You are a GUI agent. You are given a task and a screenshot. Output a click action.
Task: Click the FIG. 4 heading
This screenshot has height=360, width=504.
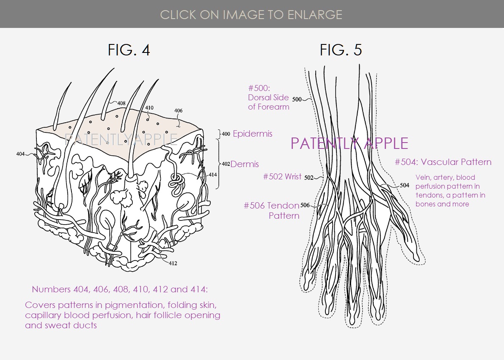click(x=129, y=50)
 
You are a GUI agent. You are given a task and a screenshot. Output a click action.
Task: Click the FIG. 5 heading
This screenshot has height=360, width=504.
click(x=341, y=50)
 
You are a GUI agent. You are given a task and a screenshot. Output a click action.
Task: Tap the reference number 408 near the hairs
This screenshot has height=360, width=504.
click(x=121, y=103)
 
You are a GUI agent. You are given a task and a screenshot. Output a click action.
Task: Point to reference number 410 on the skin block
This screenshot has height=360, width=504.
click(x=149, y=108)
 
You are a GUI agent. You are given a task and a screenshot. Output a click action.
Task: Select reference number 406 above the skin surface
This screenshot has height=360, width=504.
click(x=179, y=110)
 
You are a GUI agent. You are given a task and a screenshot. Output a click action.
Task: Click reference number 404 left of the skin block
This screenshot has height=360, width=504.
click(x=21, y=154)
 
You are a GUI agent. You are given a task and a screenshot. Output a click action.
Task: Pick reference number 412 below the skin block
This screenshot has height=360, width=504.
click(x=173, y=263)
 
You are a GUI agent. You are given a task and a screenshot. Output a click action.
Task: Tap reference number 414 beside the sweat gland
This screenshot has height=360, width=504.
click(x=213, y=175)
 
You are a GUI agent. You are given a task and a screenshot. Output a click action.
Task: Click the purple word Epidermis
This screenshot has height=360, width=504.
click(x=253, y=134)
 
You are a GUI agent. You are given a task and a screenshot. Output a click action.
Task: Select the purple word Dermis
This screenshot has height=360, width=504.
click(x=245, y=164)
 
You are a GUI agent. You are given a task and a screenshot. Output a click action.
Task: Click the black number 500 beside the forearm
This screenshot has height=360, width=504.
click(x=297, y=99)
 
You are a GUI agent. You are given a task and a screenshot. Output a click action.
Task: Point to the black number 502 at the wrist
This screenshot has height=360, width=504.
click(x=309, y=178)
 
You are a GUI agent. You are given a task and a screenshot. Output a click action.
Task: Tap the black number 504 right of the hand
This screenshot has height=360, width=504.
click(x=405, y=185)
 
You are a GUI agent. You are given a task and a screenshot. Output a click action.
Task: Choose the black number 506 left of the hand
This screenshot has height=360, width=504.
click(x=305, y=205)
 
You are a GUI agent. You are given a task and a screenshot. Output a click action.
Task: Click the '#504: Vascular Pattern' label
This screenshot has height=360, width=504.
click(x=443, y=162)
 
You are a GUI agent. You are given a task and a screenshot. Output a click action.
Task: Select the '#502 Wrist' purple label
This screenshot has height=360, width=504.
click(x=282, y=176)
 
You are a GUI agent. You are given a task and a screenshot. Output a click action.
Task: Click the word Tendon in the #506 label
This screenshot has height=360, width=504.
click(x=283, y=206)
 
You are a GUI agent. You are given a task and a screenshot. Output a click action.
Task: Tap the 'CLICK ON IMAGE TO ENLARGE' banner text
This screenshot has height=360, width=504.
click(x=251, y=14)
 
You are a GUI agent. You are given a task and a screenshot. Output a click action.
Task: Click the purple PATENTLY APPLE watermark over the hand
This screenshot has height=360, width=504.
click(x=350, y=143)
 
